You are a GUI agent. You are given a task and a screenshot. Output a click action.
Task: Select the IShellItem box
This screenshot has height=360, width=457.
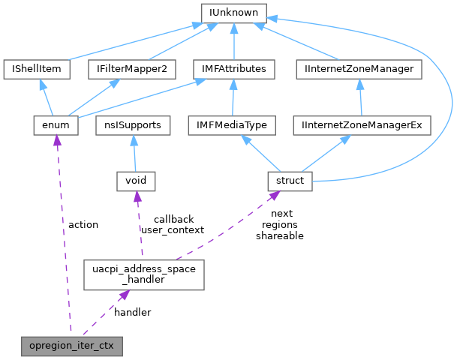point(37,69)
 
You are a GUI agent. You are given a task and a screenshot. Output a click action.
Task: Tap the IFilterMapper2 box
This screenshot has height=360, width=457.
point(131,69)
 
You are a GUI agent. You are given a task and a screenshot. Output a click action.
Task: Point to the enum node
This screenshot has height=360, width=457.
point(56,124)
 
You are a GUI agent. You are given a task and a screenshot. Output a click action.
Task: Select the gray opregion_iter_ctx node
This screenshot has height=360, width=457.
point(71,346)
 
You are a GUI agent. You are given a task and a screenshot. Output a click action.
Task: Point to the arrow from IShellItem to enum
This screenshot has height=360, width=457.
point(47,97)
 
